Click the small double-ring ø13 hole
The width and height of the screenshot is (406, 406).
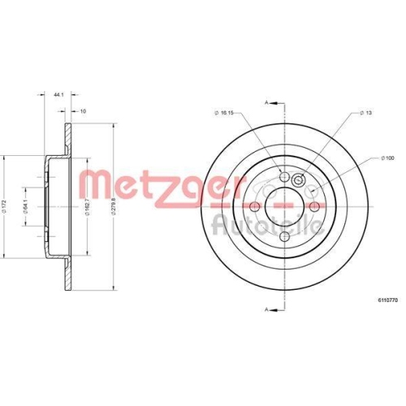[x=299, y=182]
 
